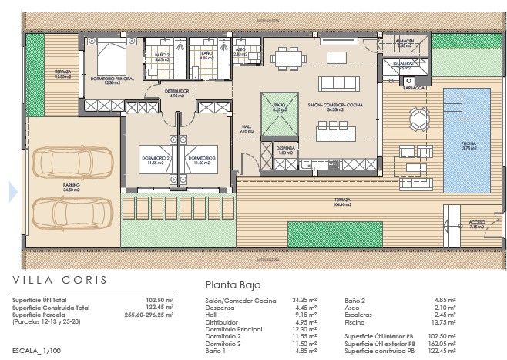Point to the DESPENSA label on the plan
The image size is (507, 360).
[x=285, y=149]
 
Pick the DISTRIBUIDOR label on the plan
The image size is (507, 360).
[x=178, y=92]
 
